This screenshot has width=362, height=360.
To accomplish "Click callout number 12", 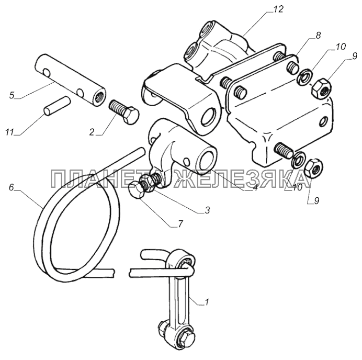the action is point(278,9).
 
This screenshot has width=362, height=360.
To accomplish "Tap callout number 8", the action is point(319,36).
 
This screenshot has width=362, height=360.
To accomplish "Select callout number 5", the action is point(12,95).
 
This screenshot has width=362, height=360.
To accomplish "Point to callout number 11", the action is point(10,133).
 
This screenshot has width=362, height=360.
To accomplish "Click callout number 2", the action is point(92,132).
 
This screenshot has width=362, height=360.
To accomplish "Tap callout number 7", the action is point(180,223).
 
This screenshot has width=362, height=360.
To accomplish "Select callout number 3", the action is point(207,210).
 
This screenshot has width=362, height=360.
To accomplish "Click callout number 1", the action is point(207,302).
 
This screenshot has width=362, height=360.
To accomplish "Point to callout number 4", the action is point(255,187).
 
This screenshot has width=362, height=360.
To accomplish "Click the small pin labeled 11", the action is point(57,106).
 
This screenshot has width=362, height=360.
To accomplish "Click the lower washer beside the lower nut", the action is point(298,160).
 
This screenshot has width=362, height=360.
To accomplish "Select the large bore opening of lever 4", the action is point(206,160).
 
